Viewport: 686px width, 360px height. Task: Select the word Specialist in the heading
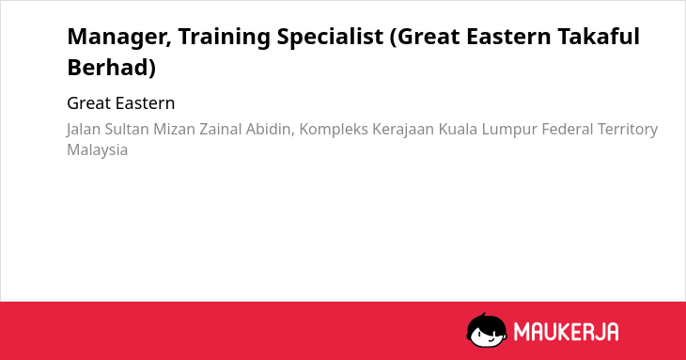point(330,38)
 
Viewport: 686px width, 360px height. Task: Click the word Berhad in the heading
point(108,68)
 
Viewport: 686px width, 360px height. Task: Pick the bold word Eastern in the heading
point(508,37)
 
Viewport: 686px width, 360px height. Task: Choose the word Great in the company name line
point(88,103)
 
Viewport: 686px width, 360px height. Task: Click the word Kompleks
point(334,130)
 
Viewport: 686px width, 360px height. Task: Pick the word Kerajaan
point(403,130)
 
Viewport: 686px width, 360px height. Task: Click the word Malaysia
point(97,150)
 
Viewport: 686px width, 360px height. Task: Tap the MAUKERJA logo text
point(566,332)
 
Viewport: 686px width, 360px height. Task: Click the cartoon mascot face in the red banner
point(487,330)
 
